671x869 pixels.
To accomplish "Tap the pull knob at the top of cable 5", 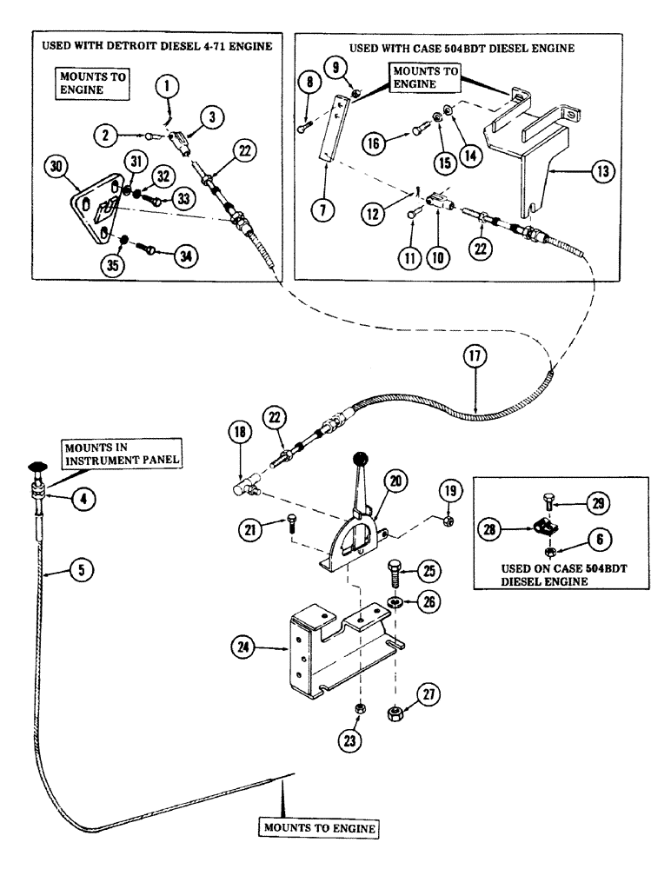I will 37,468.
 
